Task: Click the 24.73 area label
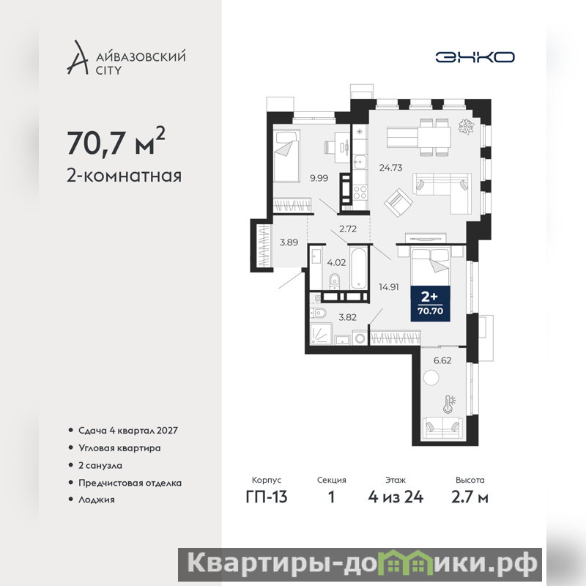coord(390,168)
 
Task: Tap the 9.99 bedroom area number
coord(319,178)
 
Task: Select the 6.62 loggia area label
coord(442,360)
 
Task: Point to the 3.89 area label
coord(289,242)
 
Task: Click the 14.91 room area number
coord(389,287)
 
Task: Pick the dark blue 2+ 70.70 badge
coord(430,303)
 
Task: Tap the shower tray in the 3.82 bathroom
coord(321,334)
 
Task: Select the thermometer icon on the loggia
coord(448,404)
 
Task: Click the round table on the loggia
coord(431,377)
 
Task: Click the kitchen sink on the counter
coord(360,161)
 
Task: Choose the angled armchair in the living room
coord(398,203)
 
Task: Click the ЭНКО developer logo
coord(475,57)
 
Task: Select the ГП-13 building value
coord(267,497)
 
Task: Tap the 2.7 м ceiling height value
coord(470,497)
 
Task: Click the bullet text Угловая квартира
coord(119,448)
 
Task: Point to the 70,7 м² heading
coord(116,142)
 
